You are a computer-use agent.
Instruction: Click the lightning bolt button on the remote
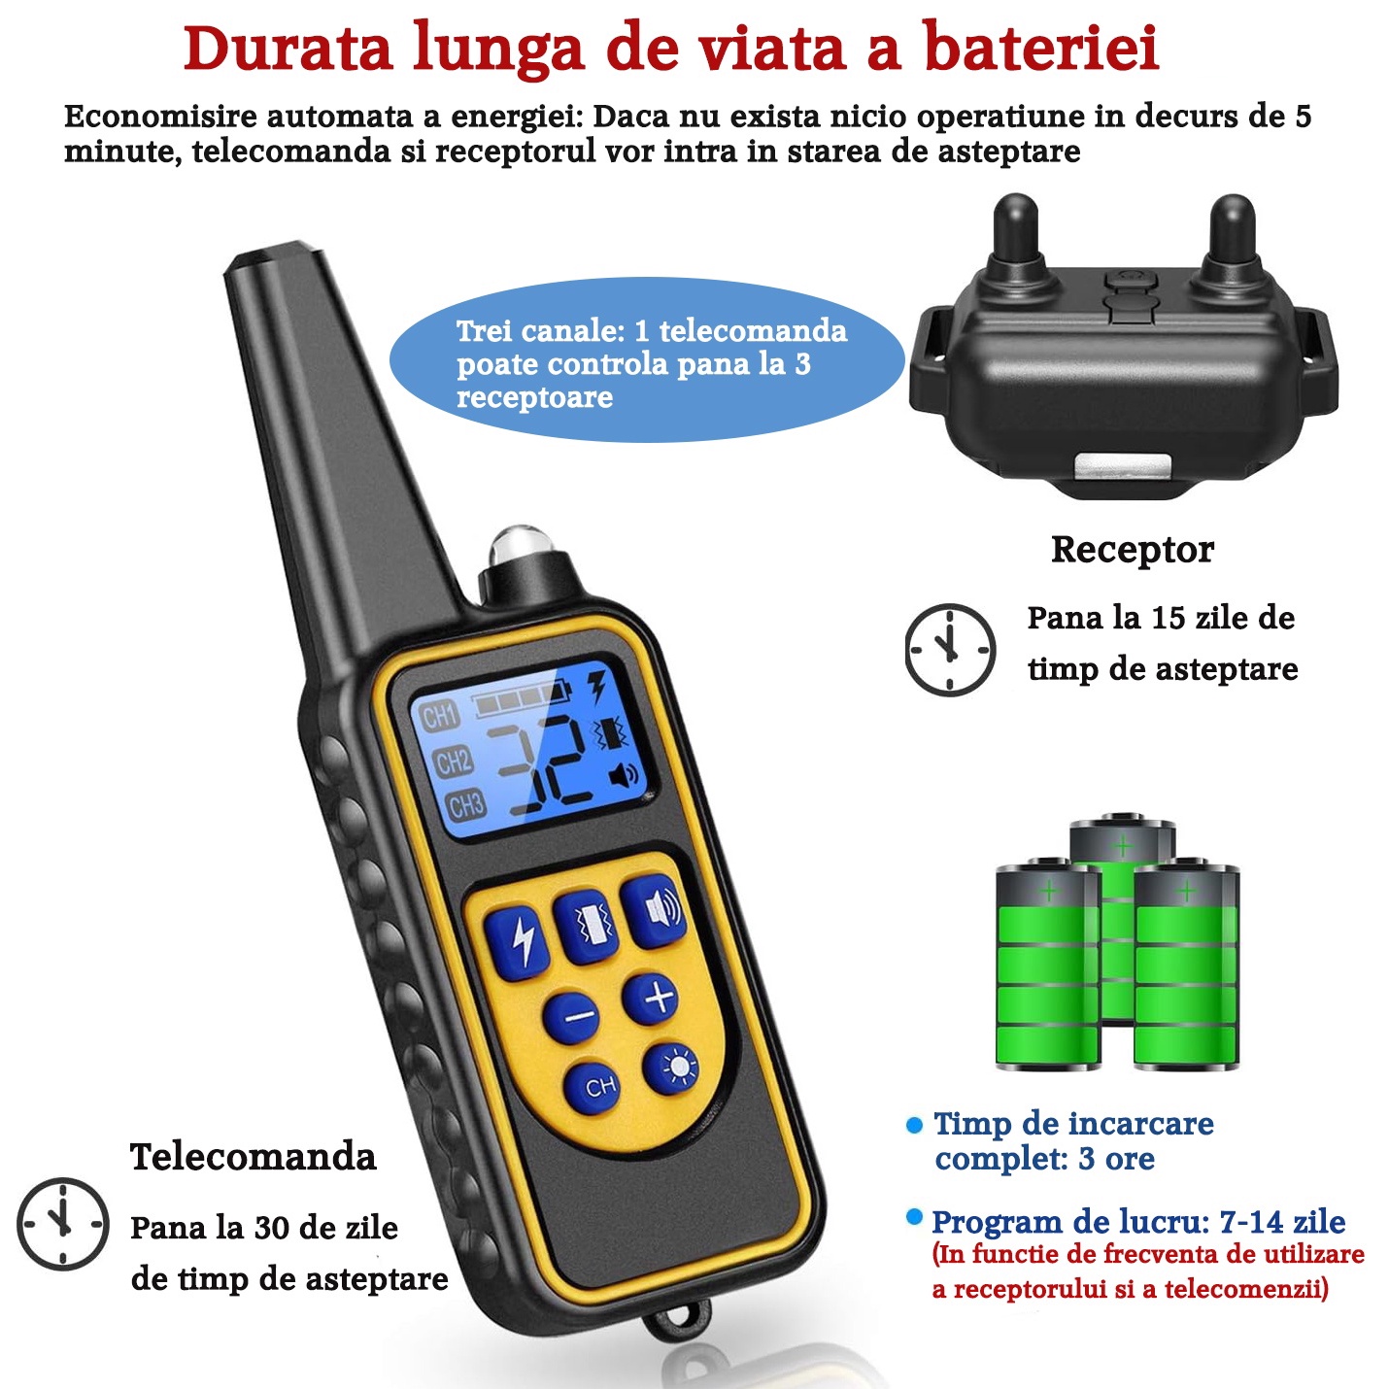pos(516,940)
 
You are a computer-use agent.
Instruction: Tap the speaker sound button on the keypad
pos(654,912)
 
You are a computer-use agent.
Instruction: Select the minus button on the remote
pos(571,1017)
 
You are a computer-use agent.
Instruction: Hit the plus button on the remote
pos(651,999)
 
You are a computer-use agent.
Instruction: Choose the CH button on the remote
pos(592,1087)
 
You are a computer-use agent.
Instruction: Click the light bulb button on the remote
pos(671,1068)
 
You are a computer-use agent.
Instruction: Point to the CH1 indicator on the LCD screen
pos(439,717)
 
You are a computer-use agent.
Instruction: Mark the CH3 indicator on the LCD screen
pos(465,805)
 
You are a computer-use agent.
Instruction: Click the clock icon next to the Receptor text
pos(949,650)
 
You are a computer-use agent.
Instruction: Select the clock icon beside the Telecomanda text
pos(63,1224)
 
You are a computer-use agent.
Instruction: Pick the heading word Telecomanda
pos(253,1157)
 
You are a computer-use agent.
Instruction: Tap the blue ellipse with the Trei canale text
pos(647,359)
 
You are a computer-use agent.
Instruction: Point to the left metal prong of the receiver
pos(1016,232)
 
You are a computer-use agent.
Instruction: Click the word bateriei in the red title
pos(1041,49)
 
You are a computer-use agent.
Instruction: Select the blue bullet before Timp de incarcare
pos(914,1125)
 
